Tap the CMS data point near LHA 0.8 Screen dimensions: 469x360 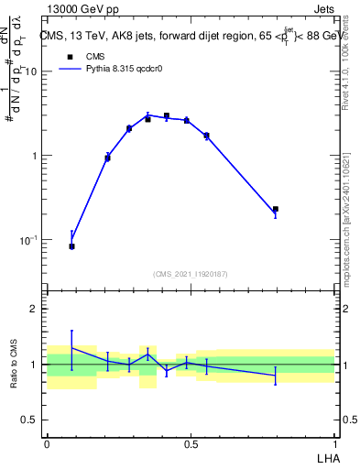(275, 210)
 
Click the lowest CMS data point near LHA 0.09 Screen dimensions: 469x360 (71, 246)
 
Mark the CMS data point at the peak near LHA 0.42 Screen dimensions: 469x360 (166, 116)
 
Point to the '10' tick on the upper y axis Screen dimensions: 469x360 (33, 71)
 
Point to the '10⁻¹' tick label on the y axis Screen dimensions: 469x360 (29, 240)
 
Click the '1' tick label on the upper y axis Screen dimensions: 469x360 (37, 156)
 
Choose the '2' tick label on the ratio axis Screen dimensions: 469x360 (37, 309)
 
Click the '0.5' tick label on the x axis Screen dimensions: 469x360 (191, 443)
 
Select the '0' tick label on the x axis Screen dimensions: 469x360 (47, 443)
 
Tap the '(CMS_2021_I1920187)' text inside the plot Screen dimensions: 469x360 (190, 274)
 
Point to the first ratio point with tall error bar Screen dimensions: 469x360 (71, 347)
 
